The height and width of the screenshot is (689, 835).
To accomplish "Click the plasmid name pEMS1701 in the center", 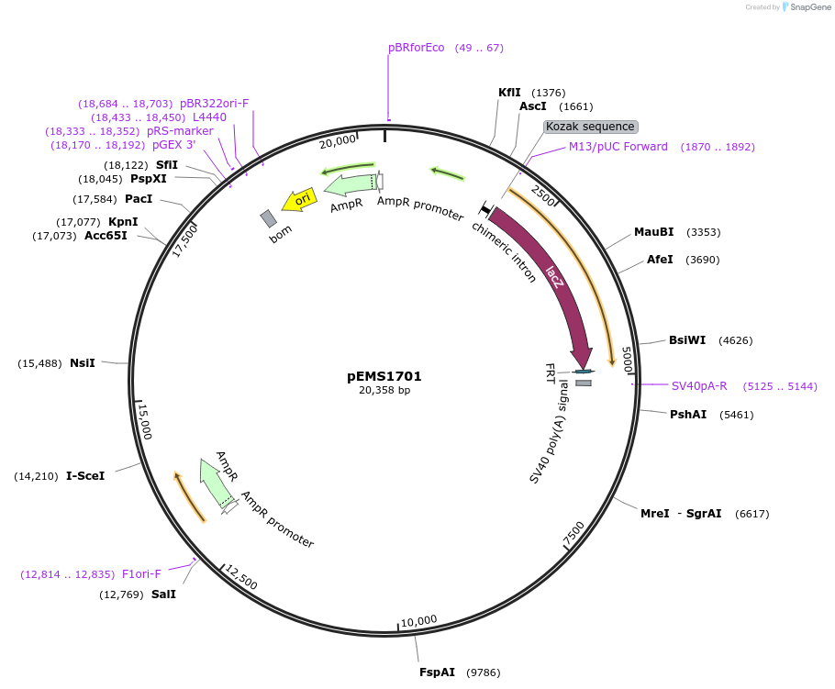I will [384, 376].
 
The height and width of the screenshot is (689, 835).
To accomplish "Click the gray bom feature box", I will [268, 218].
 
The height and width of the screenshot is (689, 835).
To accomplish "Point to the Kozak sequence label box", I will [590, 127].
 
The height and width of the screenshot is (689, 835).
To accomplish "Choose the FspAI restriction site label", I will [437, 672].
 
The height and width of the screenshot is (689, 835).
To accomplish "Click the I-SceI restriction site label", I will [85, 476].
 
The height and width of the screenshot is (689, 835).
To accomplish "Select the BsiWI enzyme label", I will [687, 339].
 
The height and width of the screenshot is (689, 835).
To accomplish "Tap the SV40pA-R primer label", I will [699, 386].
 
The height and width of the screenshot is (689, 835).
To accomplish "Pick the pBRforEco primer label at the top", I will [416, 48].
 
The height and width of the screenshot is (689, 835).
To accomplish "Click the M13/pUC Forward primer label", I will [618, 147].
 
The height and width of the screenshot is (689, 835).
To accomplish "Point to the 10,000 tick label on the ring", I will [419, 621].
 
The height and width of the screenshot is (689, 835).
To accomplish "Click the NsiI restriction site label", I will [83, 363].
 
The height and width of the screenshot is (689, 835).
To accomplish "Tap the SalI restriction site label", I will [163, 595].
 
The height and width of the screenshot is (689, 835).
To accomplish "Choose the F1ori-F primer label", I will [141, 574].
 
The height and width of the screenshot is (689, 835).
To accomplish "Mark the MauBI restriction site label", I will [654, 232].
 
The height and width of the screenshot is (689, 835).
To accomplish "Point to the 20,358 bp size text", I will [384, 391].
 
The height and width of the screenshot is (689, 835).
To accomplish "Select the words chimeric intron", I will [504, 251].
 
